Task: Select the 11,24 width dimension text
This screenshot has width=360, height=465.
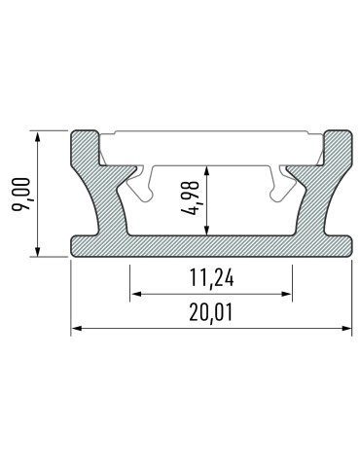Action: [x=211, y=280]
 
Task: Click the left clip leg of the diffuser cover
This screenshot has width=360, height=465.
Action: [x=142, y=181]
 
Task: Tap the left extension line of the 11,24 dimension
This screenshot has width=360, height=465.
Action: [x=130, y=277]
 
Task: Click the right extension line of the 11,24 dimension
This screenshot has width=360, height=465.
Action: [x=292, y=277]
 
